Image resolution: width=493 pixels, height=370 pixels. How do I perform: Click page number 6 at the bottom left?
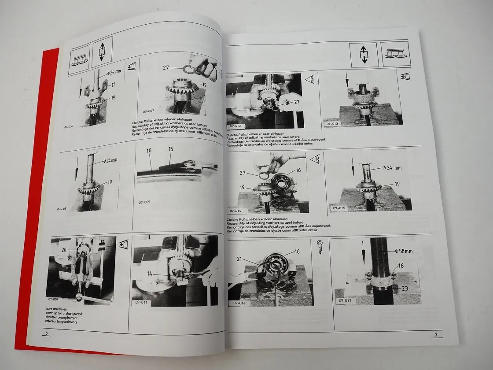tap(46, 334)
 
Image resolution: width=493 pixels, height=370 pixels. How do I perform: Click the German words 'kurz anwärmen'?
tap(56, 309)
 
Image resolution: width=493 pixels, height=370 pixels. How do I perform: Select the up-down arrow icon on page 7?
tap(364, 55)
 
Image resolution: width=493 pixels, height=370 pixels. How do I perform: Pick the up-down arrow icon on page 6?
tap(102, 49)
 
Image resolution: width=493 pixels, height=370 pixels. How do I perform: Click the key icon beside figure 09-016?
tap(320, 244)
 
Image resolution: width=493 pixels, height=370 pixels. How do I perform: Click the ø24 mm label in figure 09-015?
tap(391, 168)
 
